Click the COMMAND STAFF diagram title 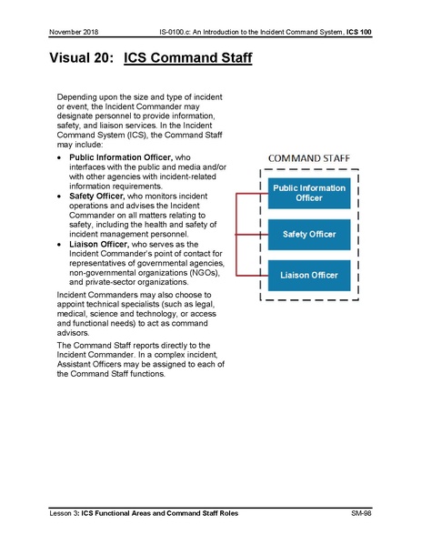point(310,158)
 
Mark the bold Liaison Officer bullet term point(102,243)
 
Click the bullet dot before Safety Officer point(60,196)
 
